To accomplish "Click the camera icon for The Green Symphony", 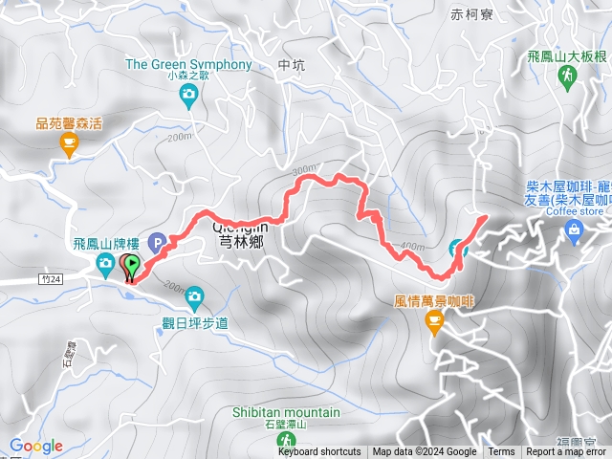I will (189, 93).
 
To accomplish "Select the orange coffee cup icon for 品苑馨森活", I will (68, 143).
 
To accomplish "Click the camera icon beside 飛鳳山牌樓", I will (103, 263).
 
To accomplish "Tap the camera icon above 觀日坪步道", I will (194, 295).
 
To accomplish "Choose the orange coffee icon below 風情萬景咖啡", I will (434, 326).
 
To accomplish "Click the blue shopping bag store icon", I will (573, 229).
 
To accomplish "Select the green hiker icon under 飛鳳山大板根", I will (567, 76).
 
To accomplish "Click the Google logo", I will (36, 446).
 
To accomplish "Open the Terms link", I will (501, 452).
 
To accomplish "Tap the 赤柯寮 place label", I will (471, 14).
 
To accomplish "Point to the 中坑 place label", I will (289, 66).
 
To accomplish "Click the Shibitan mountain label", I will (285, 412).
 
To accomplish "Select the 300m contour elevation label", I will (305, 170).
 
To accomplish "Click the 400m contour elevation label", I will (411, 247).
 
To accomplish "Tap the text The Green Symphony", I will (189, 65).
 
